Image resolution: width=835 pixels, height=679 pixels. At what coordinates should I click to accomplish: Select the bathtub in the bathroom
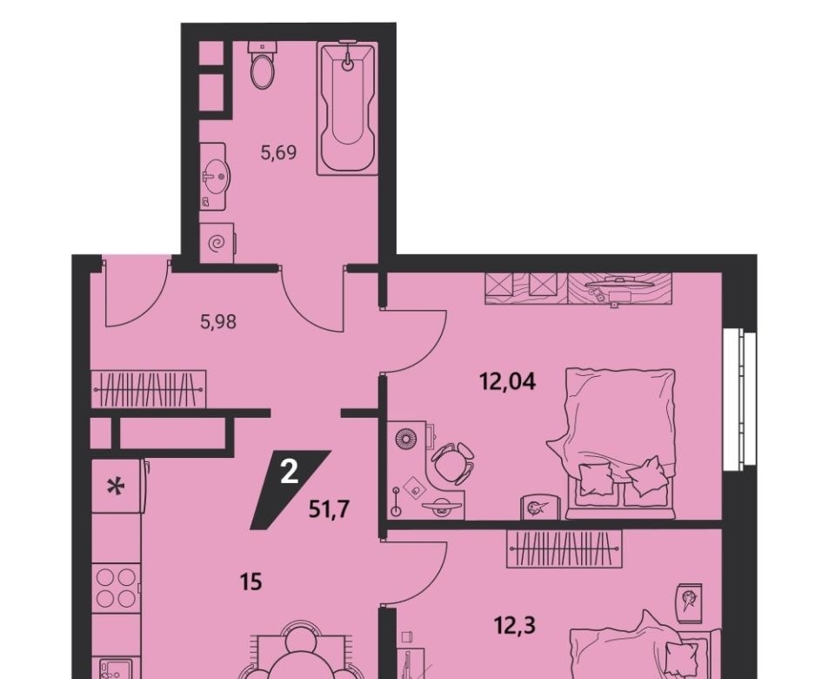(x=347, y=108)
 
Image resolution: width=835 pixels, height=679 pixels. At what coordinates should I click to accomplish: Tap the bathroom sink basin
(x=217, y=177)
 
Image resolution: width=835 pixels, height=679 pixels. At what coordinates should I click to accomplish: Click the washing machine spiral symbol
(x=217, y=244)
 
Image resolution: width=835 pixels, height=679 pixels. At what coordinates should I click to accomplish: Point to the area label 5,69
(x=278, y=153)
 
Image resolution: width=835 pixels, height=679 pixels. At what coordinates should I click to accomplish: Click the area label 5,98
(x=218, y=322)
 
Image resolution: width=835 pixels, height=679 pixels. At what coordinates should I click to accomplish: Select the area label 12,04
(x=507, y=381)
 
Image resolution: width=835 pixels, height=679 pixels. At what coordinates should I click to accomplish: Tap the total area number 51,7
(x=329, y=509)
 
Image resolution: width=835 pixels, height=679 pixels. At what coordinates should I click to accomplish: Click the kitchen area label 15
(x=250, y=582)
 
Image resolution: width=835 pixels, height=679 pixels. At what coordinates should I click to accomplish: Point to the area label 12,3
(x=514, y=625)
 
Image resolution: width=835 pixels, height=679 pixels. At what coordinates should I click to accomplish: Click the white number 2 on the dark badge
(x=289, y=472)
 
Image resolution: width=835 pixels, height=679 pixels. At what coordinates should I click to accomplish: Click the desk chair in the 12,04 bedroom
(x=453, y=462)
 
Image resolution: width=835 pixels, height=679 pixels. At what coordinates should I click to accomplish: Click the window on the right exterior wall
(x=740, y=400)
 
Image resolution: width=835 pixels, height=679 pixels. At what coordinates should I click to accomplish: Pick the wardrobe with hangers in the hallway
(x=149, y=390)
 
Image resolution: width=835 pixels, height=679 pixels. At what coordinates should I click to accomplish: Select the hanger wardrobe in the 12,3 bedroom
(x=564, y=549)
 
